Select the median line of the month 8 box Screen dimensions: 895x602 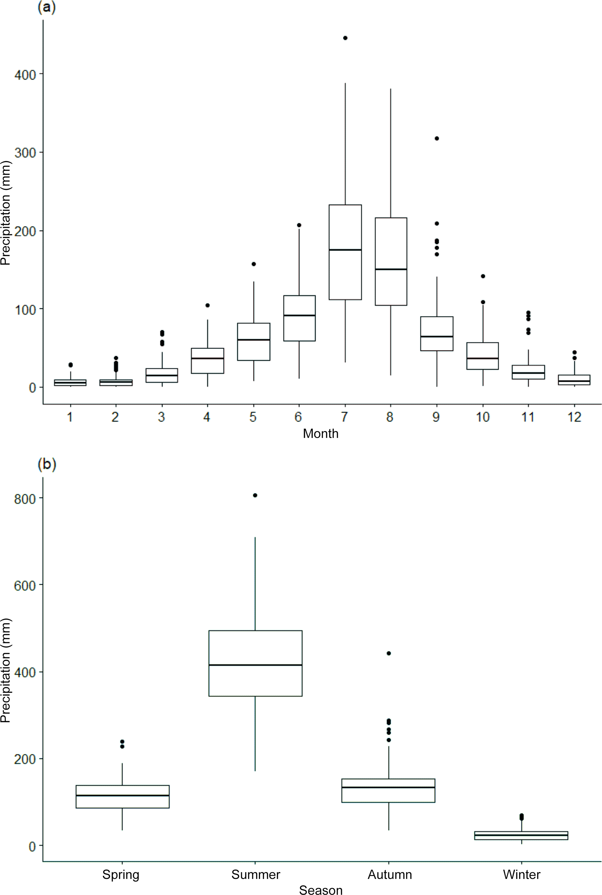coord(391,269)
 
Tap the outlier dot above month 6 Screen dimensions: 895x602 coord(299,225)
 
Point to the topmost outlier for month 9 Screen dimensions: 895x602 coord(437,139)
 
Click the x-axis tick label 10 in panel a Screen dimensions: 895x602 coord(483,417)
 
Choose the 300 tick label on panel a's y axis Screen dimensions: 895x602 coord(25,152)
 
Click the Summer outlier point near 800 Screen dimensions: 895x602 coord(255,495)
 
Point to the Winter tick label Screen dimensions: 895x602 coord(521,875)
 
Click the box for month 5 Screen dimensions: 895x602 coord(253,342)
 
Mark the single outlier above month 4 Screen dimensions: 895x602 coord(207,306)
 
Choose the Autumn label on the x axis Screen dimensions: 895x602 coord(389,875)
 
